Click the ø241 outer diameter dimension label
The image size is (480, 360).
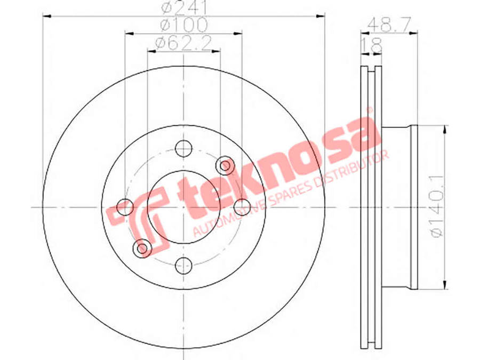[185, 7]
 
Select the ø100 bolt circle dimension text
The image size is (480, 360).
[184, 25]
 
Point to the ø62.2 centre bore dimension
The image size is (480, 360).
[183, 43]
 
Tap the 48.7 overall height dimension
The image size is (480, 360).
[389, 25]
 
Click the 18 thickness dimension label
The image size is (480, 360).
[372, 45]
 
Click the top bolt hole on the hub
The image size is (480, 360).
[183, 148]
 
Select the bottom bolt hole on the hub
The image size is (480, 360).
[183, 266]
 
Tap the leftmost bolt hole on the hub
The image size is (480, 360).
[125, 207]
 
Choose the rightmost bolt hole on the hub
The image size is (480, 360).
[242, 207]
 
